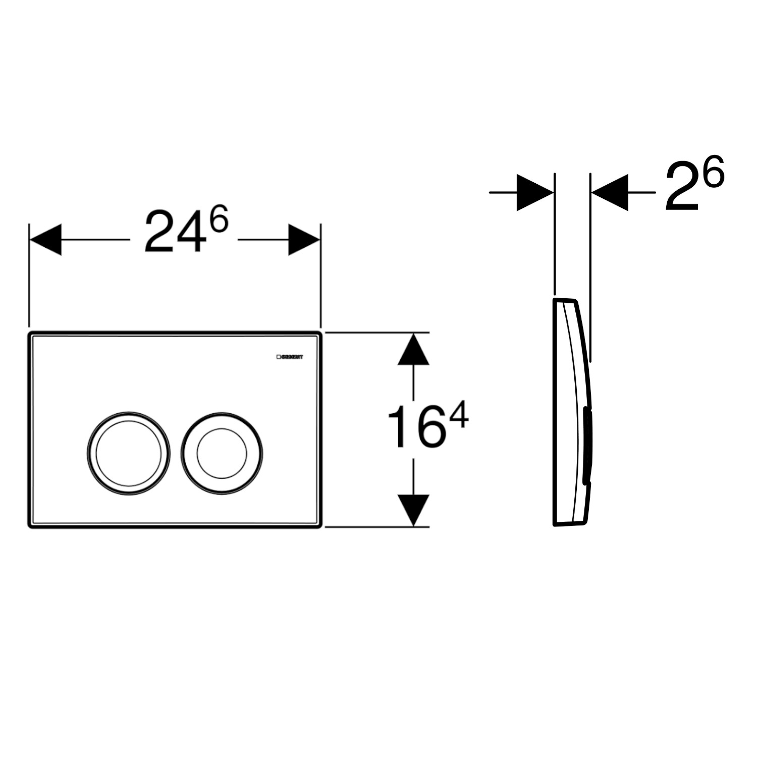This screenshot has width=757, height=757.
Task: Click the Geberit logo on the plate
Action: point(290,357)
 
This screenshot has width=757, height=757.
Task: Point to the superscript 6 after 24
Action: point(219,222)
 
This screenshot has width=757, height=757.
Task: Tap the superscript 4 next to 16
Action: point(458,417)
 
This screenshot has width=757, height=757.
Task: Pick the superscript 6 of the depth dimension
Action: point(713,171)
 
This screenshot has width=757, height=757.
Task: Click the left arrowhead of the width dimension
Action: point(45,240)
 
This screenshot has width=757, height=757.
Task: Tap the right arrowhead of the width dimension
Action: point(304,240)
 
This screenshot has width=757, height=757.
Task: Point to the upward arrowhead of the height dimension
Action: point(413,350)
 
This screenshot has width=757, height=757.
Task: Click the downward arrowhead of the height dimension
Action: point(413,510)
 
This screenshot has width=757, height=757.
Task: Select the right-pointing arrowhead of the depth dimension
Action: point(535,192)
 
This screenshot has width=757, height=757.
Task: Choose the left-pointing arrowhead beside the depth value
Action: point(611,192)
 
